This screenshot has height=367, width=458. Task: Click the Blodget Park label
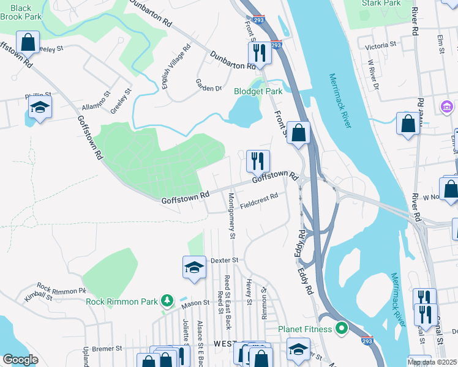[258, 91]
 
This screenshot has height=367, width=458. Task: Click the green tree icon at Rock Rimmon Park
[166, 300]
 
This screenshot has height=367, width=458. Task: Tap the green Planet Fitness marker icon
[342, 329]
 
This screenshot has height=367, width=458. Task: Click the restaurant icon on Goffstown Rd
[258, 161]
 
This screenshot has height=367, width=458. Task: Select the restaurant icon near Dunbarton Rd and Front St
[261, 54]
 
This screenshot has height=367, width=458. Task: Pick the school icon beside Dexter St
[194, 267]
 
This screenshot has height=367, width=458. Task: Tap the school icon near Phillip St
[40, 107]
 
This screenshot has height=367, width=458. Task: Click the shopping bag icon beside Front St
[298, 132]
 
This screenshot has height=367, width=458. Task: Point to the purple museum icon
[446, 107]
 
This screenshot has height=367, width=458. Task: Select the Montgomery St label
[231, 215]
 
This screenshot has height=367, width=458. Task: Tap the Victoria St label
[380, 46]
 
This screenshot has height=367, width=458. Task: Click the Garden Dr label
[208, 84]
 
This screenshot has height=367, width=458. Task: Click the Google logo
[20, 360]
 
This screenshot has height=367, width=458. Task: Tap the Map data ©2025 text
[432, 363]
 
